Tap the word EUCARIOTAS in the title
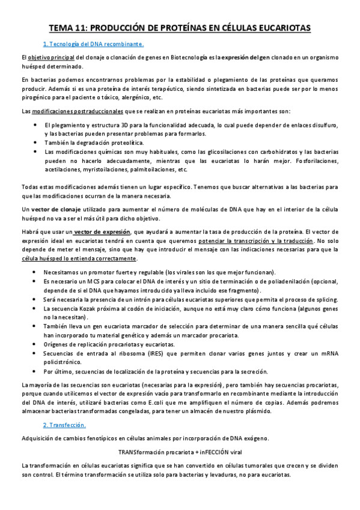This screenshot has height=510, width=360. click(x=281, y=28)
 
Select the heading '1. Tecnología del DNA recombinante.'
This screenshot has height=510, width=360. click(x=93, y=45)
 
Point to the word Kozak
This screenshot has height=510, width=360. click(x=90, y=308)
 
